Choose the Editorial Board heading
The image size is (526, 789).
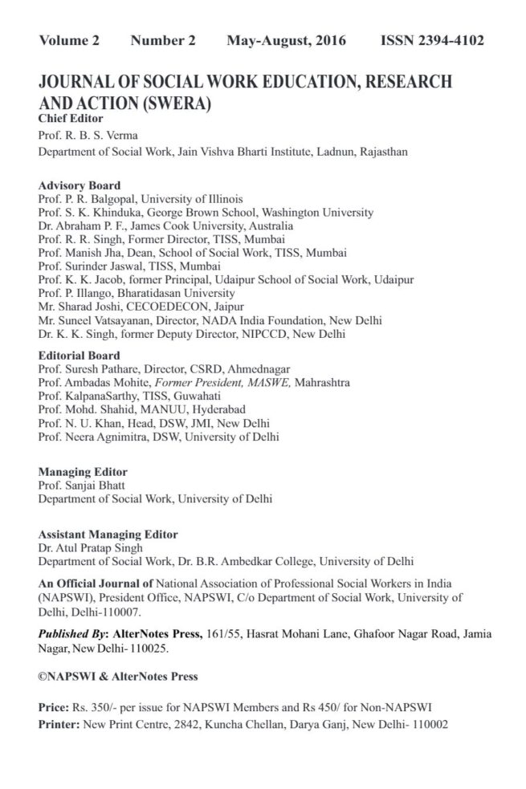point(80,355)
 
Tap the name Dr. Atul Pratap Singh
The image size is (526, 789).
point(92,547)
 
